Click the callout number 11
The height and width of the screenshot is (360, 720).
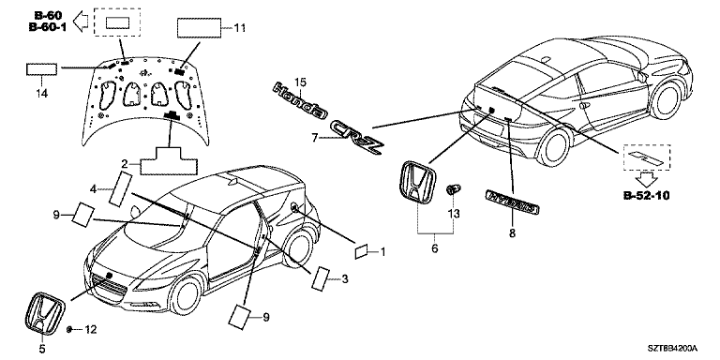coord(240,28)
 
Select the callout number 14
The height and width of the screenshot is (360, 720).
coord(42,94)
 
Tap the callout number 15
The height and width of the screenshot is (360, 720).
coord(300,82)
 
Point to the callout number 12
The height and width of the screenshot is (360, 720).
coord(91,329)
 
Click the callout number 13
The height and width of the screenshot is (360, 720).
coord(454,214)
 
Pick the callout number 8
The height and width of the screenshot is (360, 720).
coord(512,233)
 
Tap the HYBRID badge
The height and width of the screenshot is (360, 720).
coord(513,202)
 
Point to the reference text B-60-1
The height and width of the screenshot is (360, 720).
coord(48,27)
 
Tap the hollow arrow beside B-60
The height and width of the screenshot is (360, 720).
coord(82,22)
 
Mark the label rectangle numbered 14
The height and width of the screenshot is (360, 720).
coord(42,69)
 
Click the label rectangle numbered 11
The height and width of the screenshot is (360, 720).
coord(200,28)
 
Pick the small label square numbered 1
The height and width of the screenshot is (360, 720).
coord(361,251)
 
